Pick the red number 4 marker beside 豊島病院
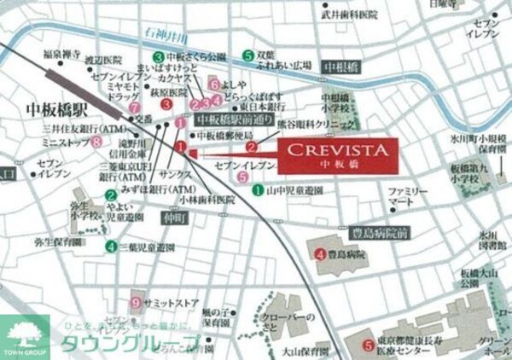click(320, 253)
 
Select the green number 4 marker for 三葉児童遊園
click(111, 247)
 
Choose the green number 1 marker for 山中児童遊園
click(258, 190)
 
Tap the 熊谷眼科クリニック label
click(306, 123)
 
